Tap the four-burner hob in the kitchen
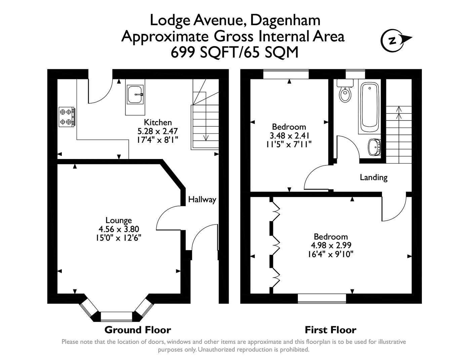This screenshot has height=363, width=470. (x=67, y=117)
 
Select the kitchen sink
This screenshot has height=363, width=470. (x=135, y=94)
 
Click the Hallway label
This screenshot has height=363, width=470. (x=202, y=200)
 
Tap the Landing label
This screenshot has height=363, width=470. (x=374, y=177)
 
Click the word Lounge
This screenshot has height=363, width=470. (x=118, y=220)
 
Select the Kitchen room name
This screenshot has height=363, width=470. (x=158, y=122)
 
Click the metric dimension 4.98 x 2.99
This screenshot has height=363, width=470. (x=331, y=245)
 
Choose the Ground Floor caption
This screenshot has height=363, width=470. (x=138, y=330)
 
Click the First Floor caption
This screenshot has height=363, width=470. (x=330, y=330)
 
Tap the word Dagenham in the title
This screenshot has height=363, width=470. (x=285, y=20)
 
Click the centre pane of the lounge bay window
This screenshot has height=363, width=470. (x=117, y=316)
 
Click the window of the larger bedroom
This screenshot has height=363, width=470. (x=322, y=298)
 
